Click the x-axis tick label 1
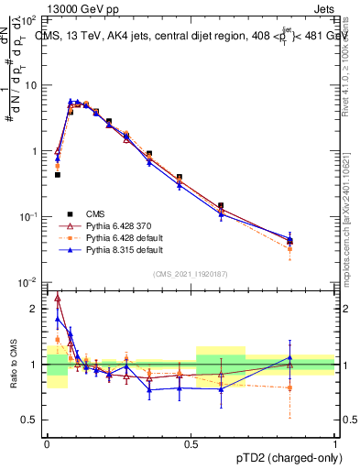click(334, 443)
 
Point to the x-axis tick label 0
click(47, 443)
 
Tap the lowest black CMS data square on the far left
click(57, 174)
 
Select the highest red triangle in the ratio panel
click(58, 298)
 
